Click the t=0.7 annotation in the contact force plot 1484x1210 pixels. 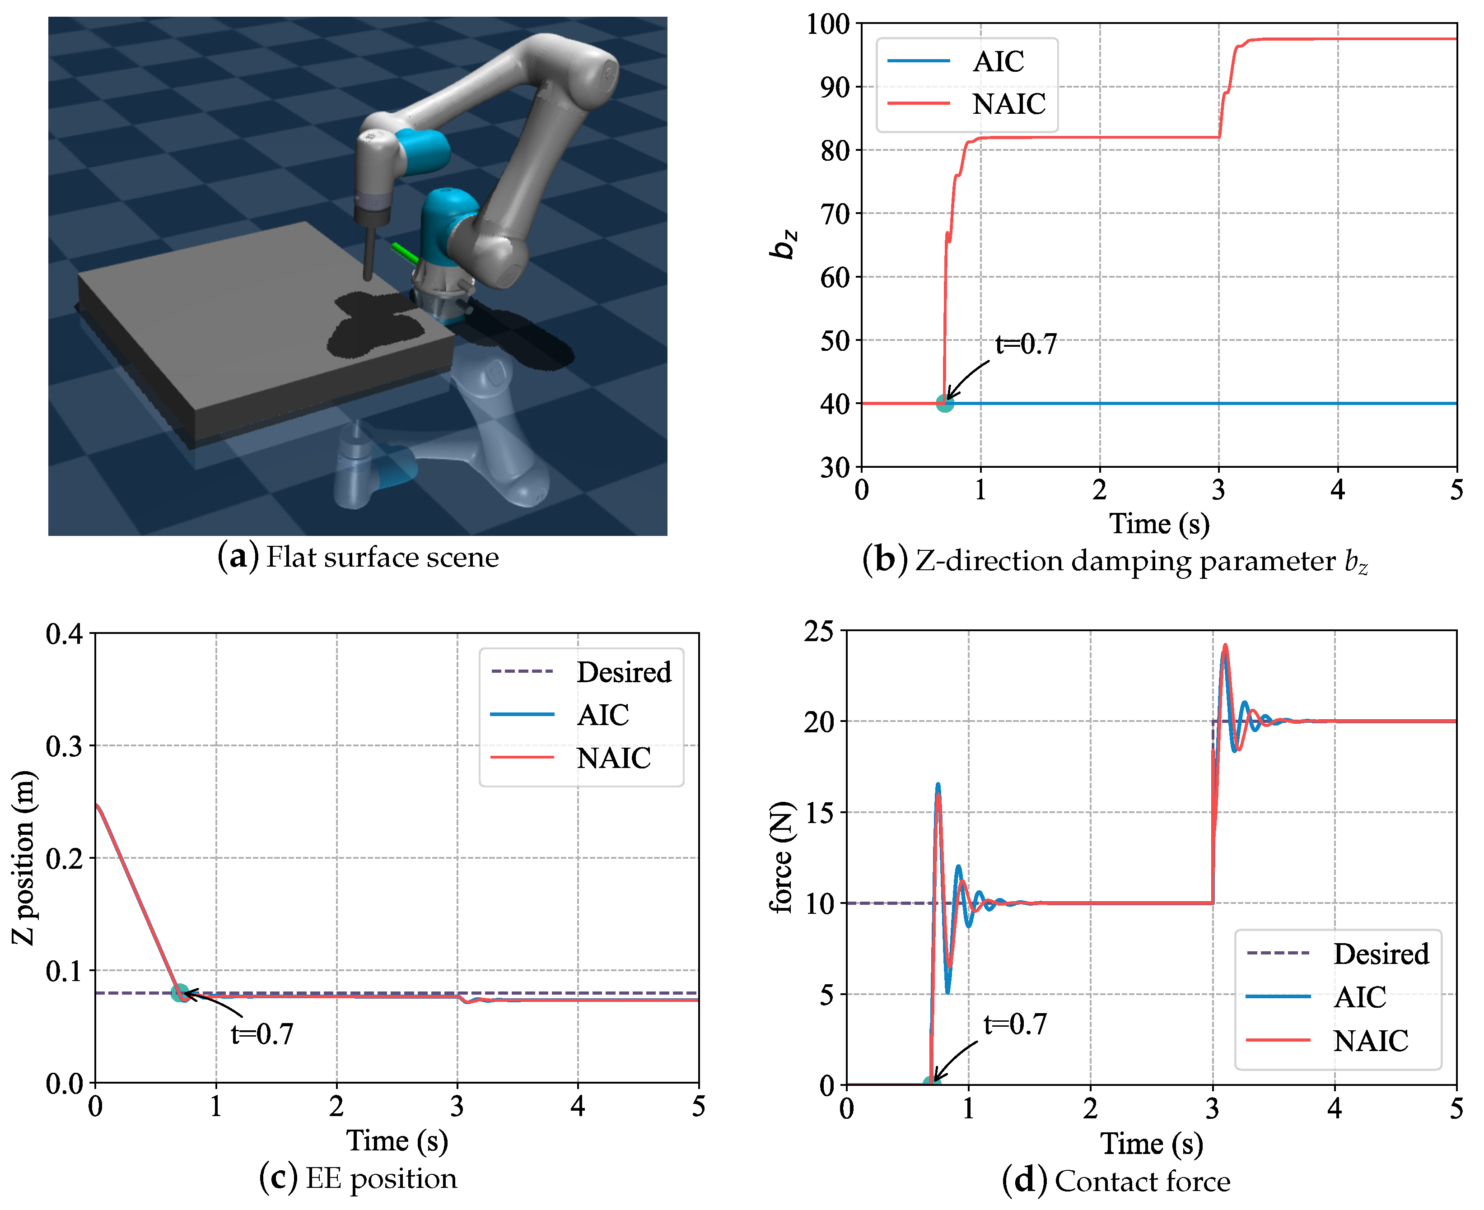pos(1014,1024)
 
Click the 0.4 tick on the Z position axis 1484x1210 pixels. pos(64,634)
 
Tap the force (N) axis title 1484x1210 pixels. pos(782,857)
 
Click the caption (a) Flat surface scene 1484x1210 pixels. pos(358,557)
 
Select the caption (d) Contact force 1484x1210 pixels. pos(1115,1181)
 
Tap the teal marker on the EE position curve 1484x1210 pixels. pos(179,992)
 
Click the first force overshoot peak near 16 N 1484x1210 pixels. pos(938,786)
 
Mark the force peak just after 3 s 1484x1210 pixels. pos(1225,646)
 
